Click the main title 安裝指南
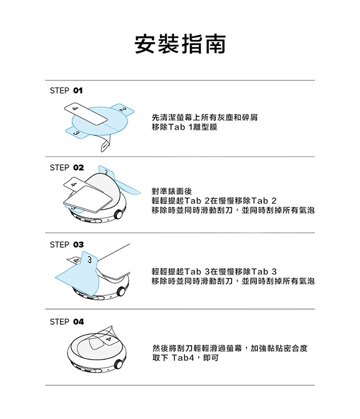coord(180,44)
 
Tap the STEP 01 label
coord(66,90)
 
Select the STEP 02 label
coord(67,167)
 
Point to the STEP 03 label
coord(67,244)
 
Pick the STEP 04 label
coord(67,321)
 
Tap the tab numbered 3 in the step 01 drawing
coord(76,132)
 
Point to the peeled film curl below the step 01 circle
coord(105,144)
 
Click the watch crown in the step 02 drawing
coord(118,214)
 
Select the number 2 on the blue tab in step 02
coord(106,172)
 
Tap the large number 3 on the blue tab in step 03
coord(90,259)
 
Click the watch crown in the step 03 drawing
coord(121,292)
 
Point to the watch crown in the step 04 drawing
coord(118,364)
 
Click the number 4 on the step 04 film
coord(108,339)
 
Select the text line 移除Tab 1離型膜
coord(184,127)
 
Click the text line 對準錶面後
coord(172,191)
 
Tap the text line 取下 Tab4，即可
coord(186,357)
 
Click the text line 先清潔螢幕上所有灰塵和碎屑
coord(204,117)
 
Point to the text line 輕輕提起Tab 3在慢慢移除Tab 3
coord(214,272)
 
